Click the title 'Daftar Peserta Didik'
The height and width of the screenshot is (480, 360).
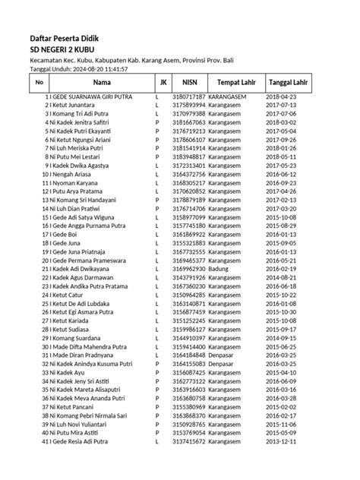point(64,38)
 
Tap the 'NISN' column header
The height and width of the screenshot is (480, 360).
point(190,82)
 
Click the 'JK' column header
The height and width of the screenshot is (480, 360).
point(163,82)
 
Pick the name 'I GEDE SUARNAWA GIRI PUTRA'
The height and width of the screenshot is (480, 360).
point(93,98)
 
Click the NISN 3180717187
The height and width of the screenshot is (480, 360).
point(189,98)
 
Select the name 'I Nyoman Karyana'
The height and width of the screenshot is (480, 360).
point(77,183)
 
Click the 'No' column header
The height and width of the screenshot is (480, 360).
point(39,82)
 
